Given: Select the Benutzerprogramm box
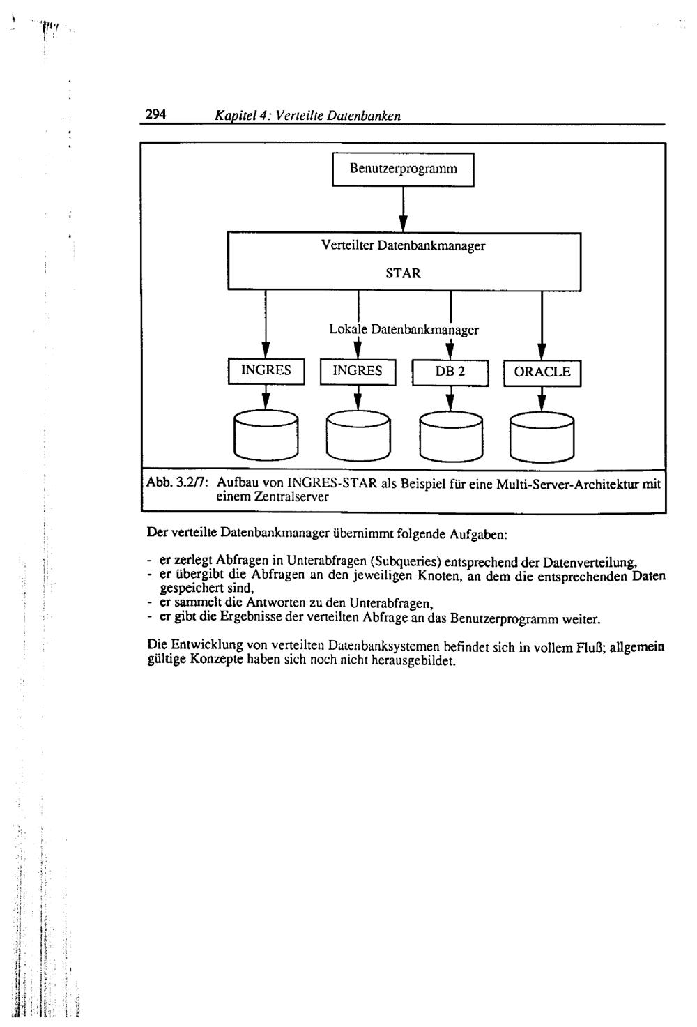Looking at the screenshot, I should coord(403,169).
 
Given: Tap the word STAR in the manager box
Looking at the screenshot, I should coord(404,273).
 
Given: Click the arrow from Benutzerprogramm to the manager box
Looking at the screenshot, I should coord(404,209).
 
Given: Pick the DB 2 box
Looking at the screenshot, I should coord(450,372).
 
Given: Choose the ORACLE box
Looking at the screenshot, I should coord(542,372).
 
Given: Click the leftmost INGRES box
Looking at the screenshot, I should coord(266,371).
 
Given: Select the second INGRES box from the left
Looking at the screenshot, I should coord(358,371).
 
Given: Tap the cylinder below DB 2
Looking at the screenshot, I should coord(450,436).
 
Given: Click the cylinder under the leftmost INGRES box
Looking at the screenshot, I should coord(266,436).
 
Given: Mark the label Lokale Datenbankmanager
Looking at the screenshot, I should coord(404,330).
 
